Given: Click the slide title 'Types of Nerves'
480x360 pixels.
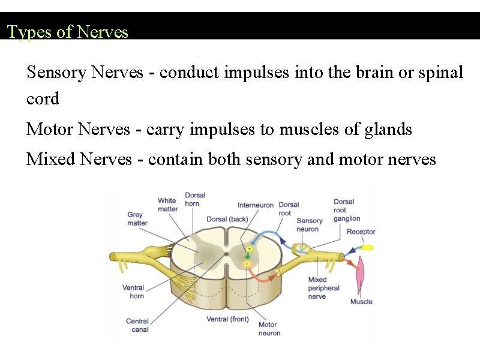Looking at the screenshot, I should point(67,32).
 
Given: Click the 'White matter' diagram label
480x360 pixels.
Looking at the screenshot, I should point(168,205).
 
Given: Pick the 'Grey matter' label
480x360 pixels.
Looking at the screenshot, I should point(137,219).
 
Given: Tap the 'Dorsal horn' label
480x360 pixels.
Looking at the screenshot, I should point(195,199).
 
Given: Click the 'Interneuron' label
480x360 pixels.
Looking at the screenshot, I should point(256,205).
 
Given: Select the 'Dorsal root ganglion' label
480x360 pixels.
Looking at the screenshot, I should point(346,210).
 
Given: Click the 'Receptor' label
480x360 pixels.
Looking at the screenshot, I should point(361,232).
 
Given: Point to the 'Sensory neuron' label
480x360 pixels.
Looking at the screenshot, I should point(309,225).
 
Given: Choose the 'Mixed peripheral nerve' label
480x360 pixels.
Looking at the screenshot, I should point(323,288).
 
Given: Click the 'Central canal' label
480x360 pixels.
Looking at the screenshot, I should point(137,325).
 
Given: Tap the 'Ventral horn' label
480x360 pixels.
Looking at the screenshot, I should point(133,292).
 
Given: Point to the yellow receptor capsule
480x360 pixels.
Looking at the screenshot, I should point(367,247).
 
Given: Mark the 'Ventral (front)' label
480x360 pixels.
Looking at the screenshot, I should point(227,319).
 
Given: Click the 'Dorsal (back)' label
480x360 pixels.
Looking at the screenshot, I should point(227,219).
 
